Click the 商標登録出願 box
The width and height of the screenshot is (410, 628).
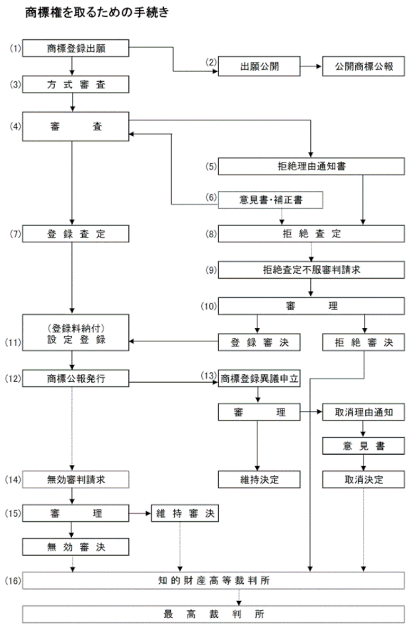tap(76, 48)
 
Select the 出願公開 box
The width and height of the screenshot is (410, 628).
tap(259, 66)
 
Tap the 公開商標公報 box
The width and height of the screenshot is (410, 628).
tap(364, 66)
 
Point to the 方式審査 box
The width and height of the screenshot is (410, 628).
tap(76, 85)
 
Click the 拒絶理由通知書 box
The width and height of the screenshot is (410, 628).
tap(312, 166)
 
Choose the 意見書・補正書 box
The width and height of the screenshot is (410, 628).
tap(270, 200)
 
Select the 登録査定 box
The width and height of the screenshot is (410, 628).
tap(76, 234)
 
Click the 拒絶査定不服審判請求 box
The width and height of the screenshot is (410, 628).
tap(312, 270)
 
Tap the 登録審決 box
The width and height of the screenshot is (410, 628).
tap(259, 342)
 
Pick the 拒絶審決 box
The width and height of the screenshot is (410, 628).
tap(364, 342)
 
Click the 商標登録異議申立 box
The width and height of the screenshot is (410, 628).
tap(259, 379)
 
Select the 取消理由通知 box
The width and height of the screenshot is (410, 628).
tap(364, 412)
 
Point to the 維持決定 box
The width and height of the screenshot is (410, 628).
tap(259, 480)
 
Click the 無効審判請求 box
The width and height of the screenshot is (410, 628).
tap(76, 480)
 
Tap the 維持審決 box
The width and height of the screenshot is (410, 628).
tap(185, 513)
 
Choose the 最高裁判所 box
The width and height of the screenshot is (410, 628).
tap(214, 614)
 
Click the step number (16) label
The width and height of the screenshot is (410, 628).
tap(13, 580)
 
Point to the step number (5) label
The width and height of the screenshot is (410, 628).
tap(211, 166)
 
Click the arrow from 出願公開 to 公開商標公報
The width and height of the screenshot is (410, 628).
tap(312, 66)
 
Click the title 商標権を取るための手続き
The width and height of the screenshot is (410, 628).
tap(97, 12)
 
